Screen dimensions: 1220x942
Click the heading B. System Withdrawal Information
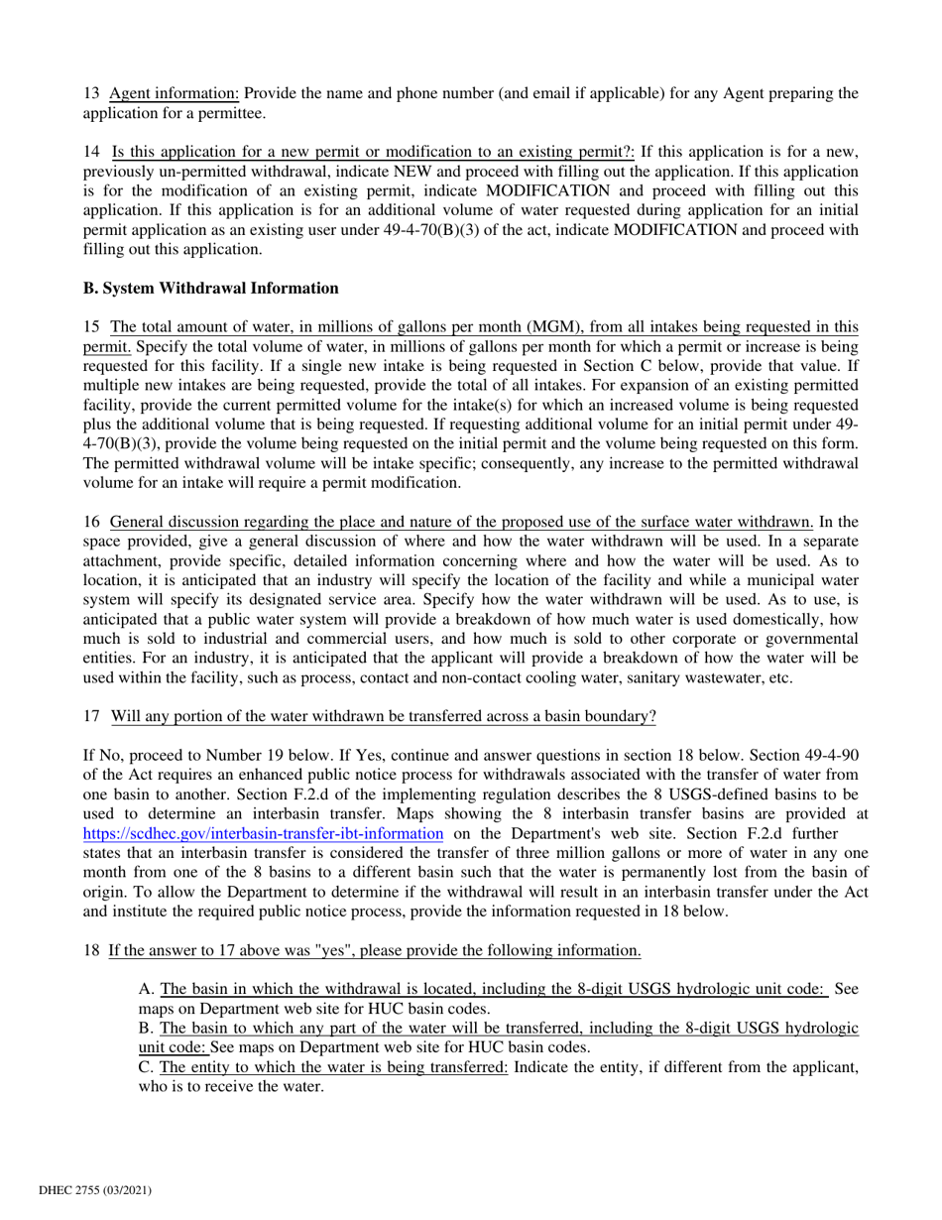(x=210, y=289)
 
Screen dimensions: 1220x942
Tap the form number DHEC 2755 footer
(x=94, y=1189)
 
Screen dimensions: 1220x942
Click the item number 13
(x=91, y=94)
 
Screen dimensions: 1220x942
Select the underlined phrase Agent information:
(x=175, y=94)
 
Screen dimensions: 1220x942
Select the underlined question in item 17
(x=383, y=716)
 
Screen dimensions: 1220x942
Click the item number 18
(x=91, y=950)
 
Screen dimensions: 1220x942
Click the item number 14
(x=91, y=152)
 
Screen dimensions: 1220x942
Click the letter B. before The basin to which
(x=146, y=1028)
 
